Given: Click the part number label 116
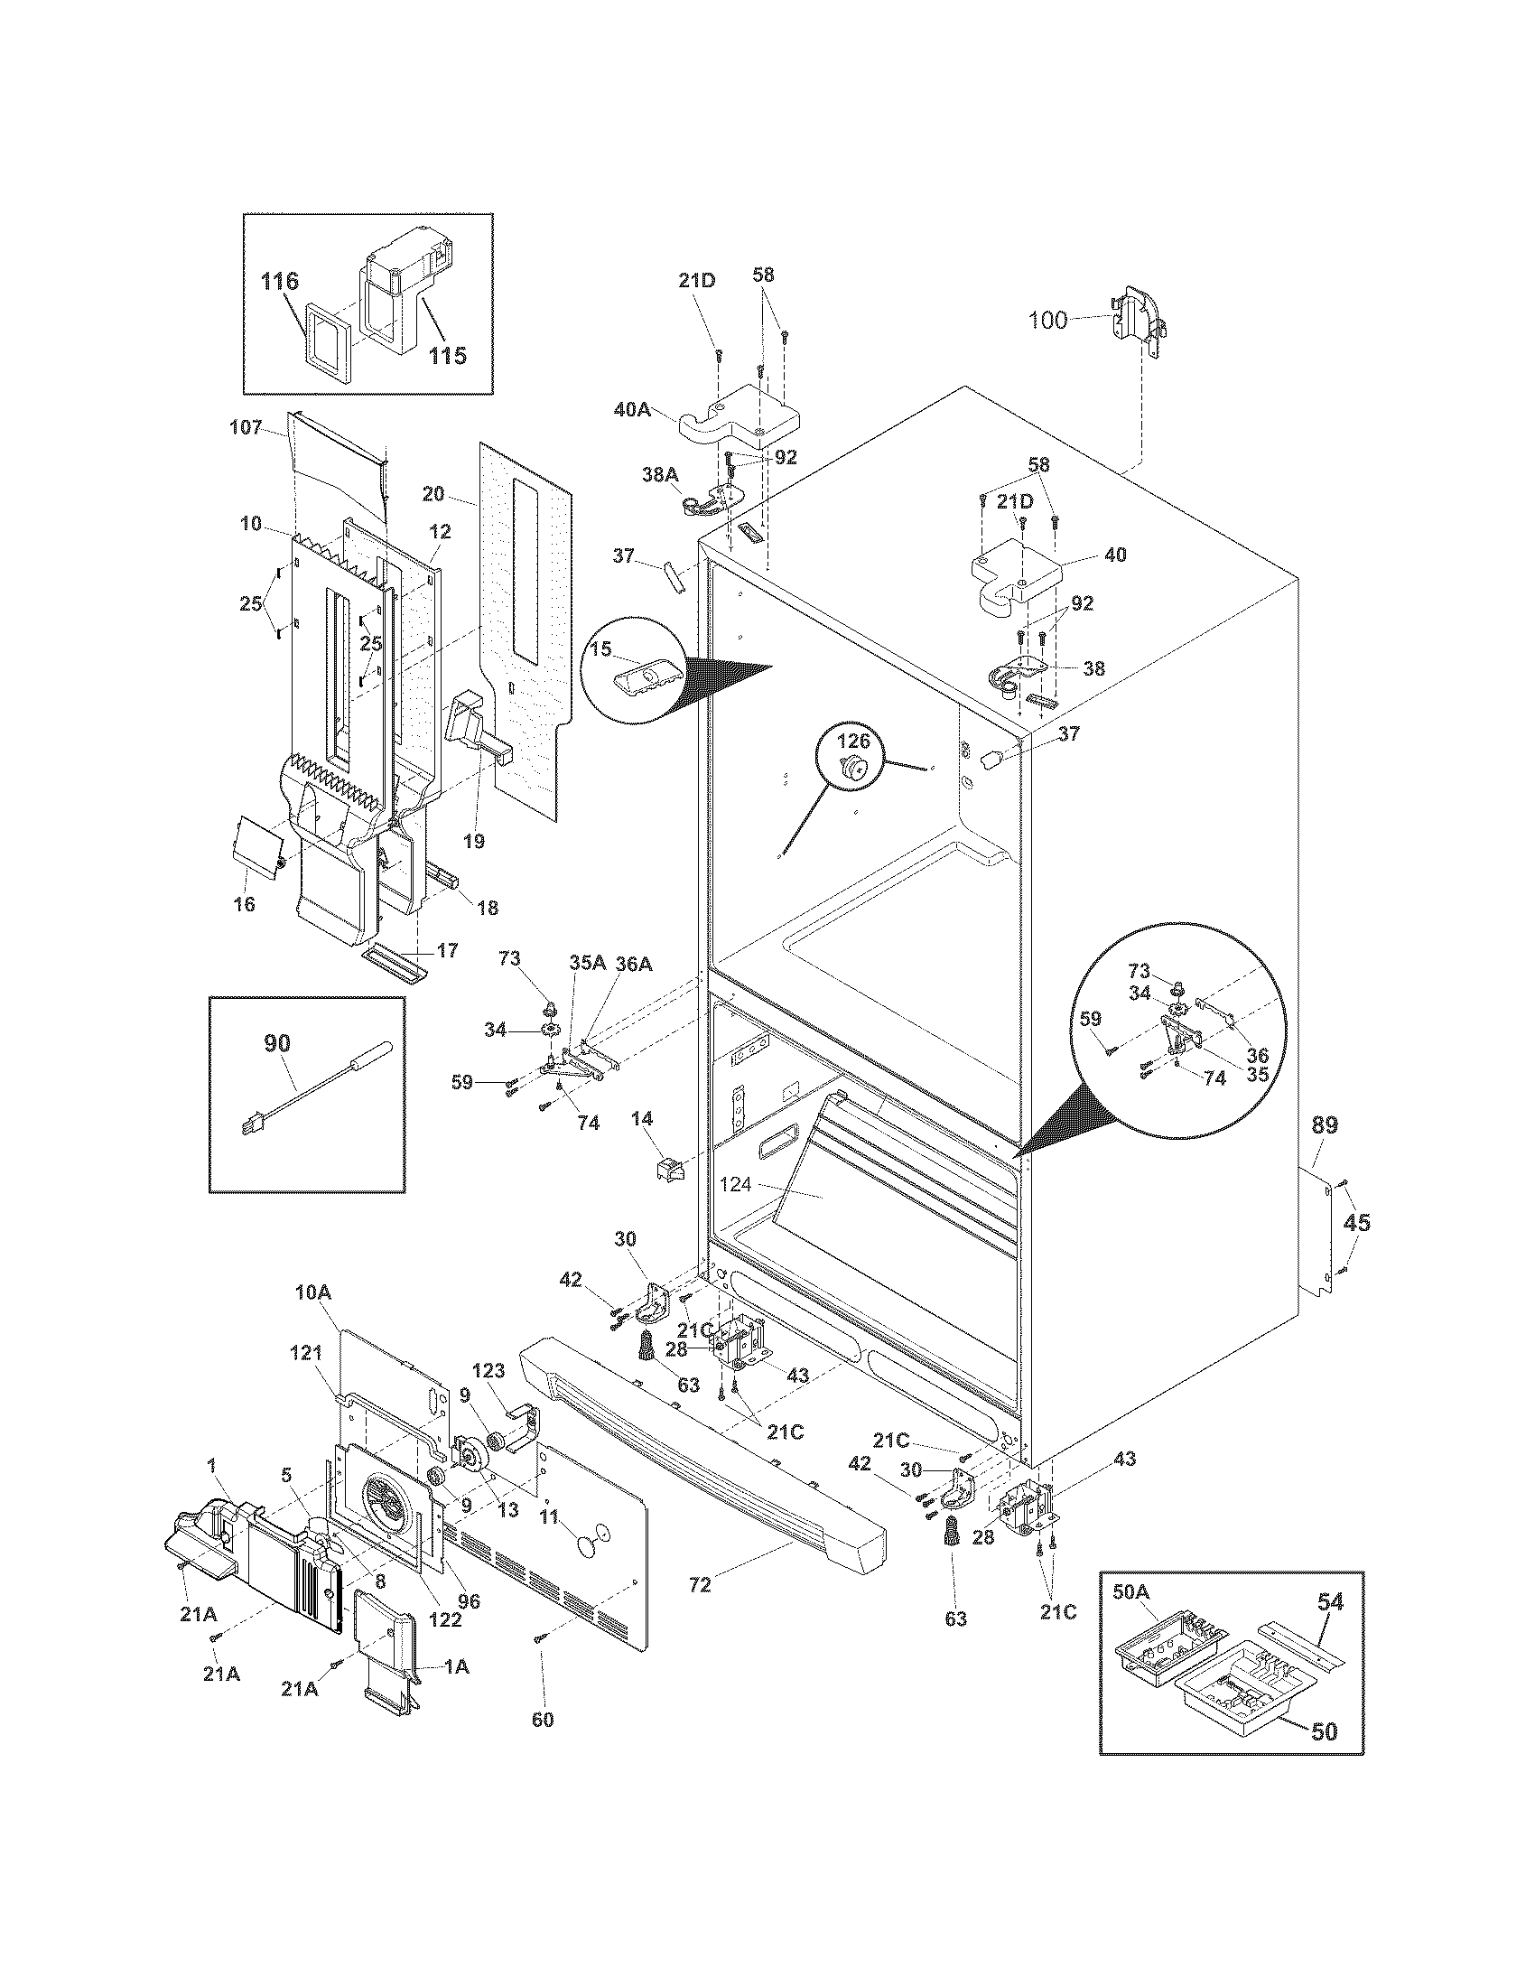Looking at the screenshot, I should pyautogui.click(x=280, y=281).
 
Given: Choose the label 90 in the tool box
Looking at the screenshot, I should pyautogui.click(x=277, y=1043).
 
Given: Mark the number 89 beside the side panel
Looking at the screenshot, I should pyautogui.click(x=1325, y=1125).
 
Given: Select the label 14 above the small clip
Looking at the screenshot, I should pyautogui.click(x=643, y=1118).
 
